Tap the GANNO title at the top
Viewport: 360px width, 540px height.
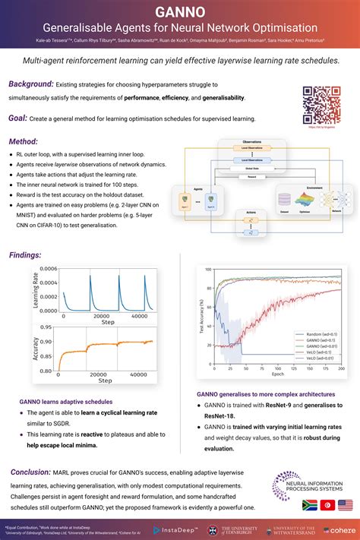(x=179, y=12)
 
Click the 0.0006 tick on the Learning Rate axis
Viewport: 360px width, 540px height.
(x=48, y=269)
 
